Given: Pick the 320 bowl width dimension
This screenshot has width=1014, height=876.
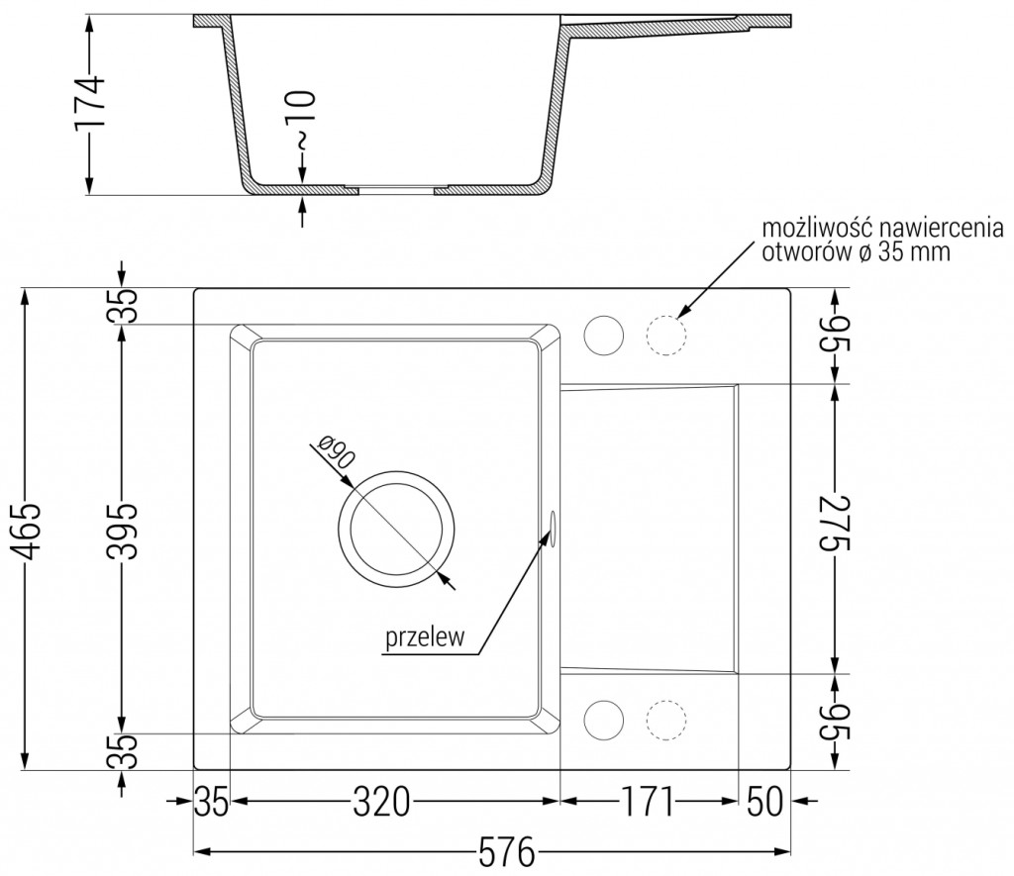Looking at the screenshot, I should pos(382,800).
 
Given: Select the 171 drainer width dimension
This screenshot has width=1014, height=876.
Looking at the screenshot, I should pos(649,800).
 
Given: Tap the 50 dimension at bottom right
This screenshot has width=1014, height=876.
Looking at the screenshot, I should pos(763,800).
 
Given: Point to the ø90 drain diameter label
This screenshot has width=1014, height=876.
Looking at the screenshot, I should pos(335,455).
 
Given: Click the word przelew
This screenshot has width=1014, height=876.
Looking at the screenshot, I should pos(426,638).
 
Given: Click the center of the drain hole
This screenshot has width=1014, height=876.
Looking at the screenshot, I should pos(397,529).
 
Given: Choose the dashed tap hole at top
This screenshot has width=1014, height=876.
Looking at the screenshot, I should pos(665,336).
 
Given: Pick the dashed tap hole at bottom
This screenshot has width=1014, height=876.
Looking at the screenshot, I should pos(665,720).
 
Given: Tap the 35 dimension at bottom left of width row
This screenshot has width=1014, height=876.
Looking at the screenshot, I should pos(211,800).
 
